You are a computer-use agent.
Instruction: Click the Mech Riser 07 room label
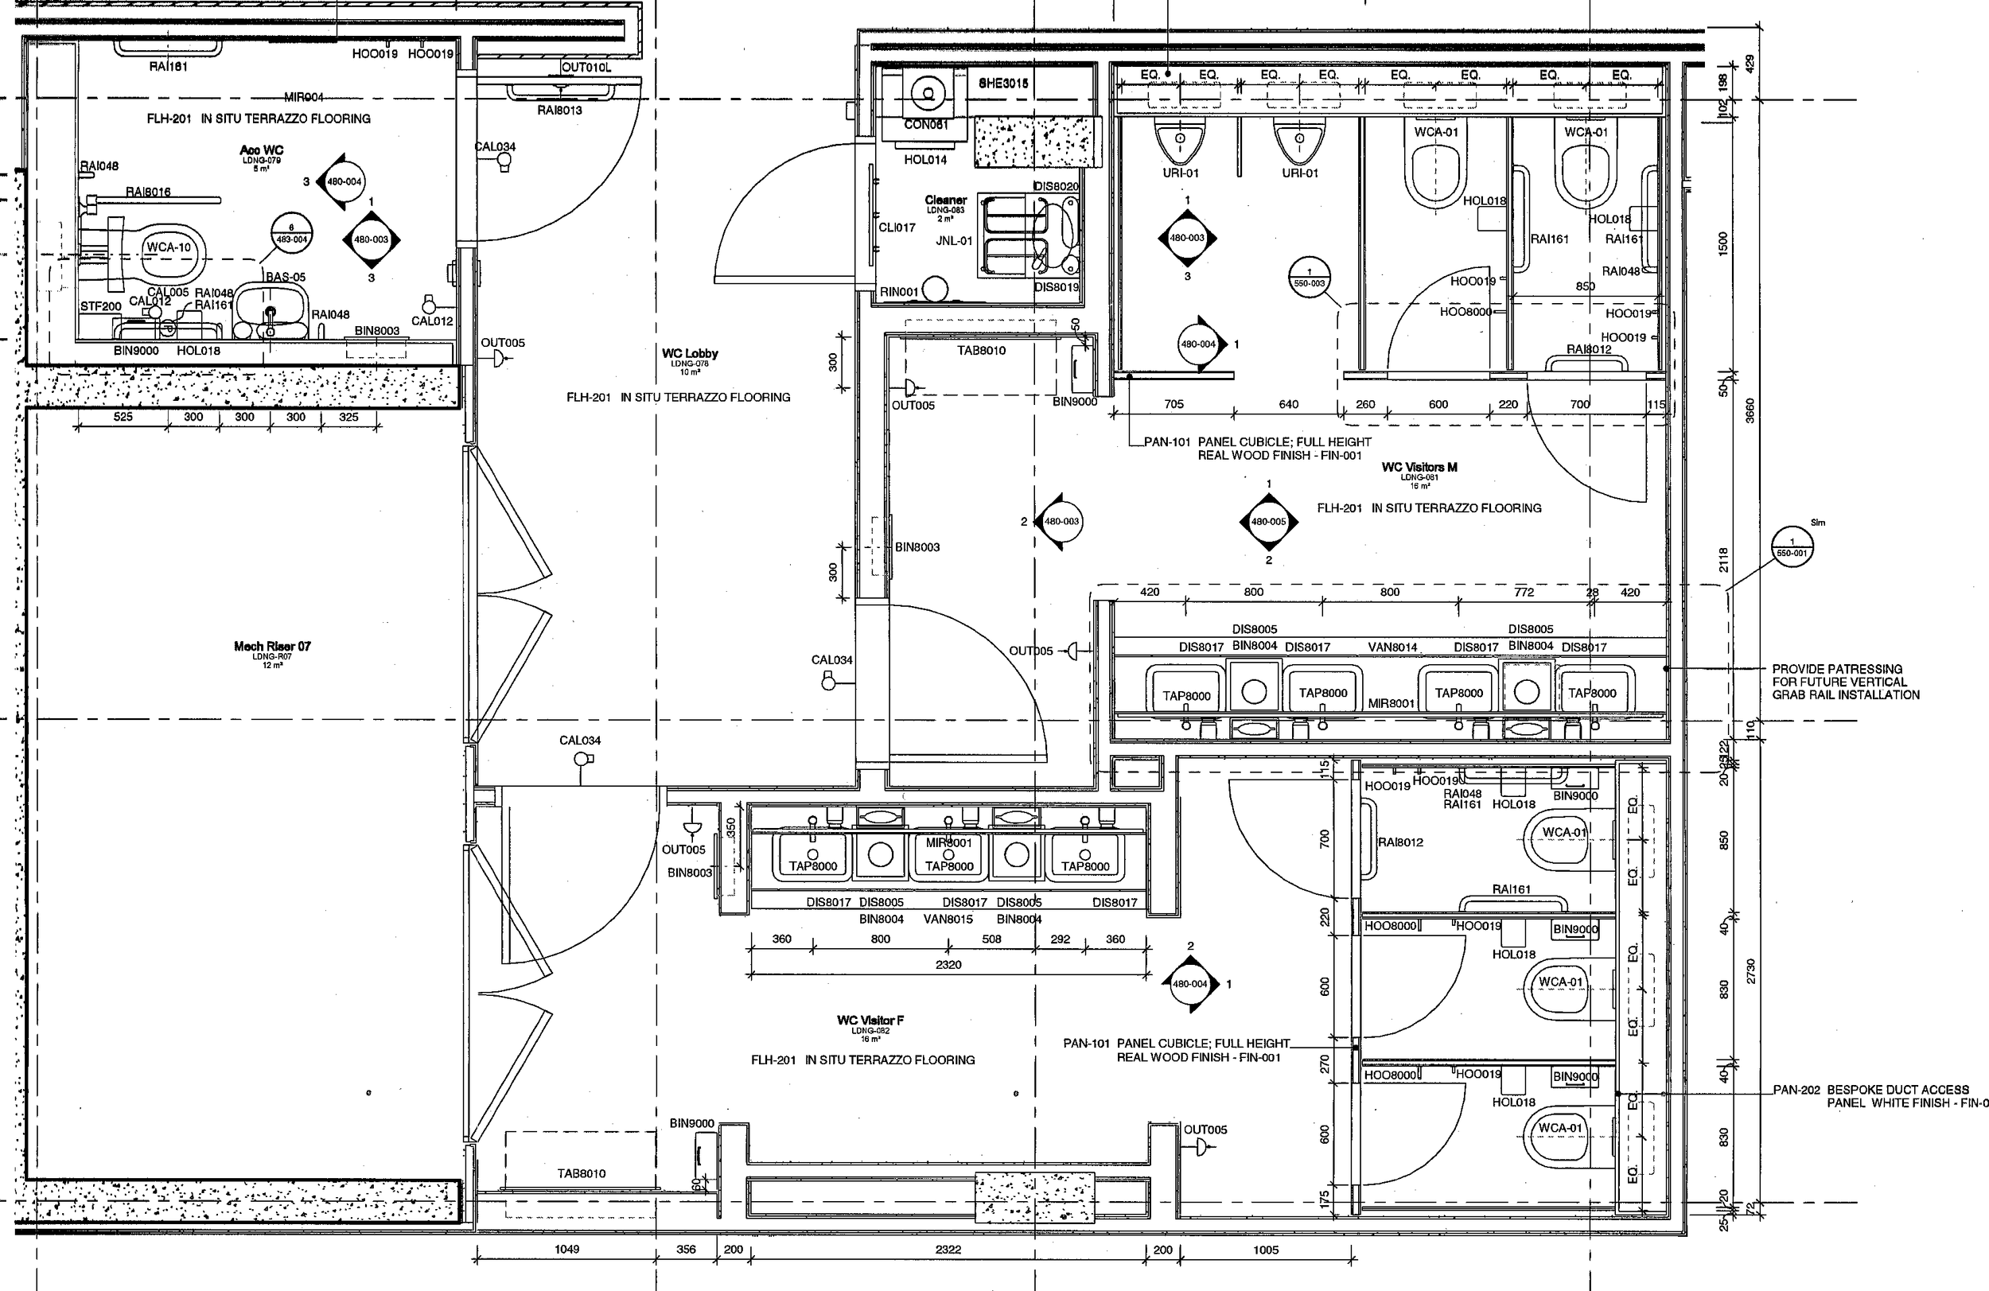coord(271,646)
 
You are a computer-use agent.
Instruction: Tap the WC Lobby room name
coord(690,353)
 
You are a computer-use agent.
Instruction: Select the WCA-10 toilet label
coord(169,247)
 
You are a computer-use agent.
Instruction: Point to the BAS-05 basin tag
coord(286,277)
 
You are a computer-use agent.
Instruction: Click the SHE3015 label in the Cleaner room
coord(1003,84)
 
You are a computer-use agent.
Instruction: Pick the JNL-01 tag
coord(955,241)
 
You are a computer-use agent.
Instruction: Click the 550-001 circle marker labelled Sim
coord(1792,547)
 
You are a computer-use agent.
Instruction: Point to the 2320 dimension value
coord(948,964)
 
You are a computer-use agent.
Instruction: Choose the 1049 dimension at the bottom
coord(566,1249)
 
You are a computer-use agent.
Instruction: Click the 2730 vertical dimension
coord(1750,970)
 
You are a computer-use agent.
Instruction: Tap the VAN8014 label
coord(1392,647)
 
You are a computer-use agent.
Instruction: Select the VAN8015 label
coord(948,920)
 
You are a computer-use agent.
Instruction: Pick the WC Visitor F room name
coord(870,1021)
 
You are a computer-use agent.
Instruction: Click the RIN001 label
coord(899,292)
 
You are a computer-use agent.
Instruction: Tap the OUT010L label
coord(586,68)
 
